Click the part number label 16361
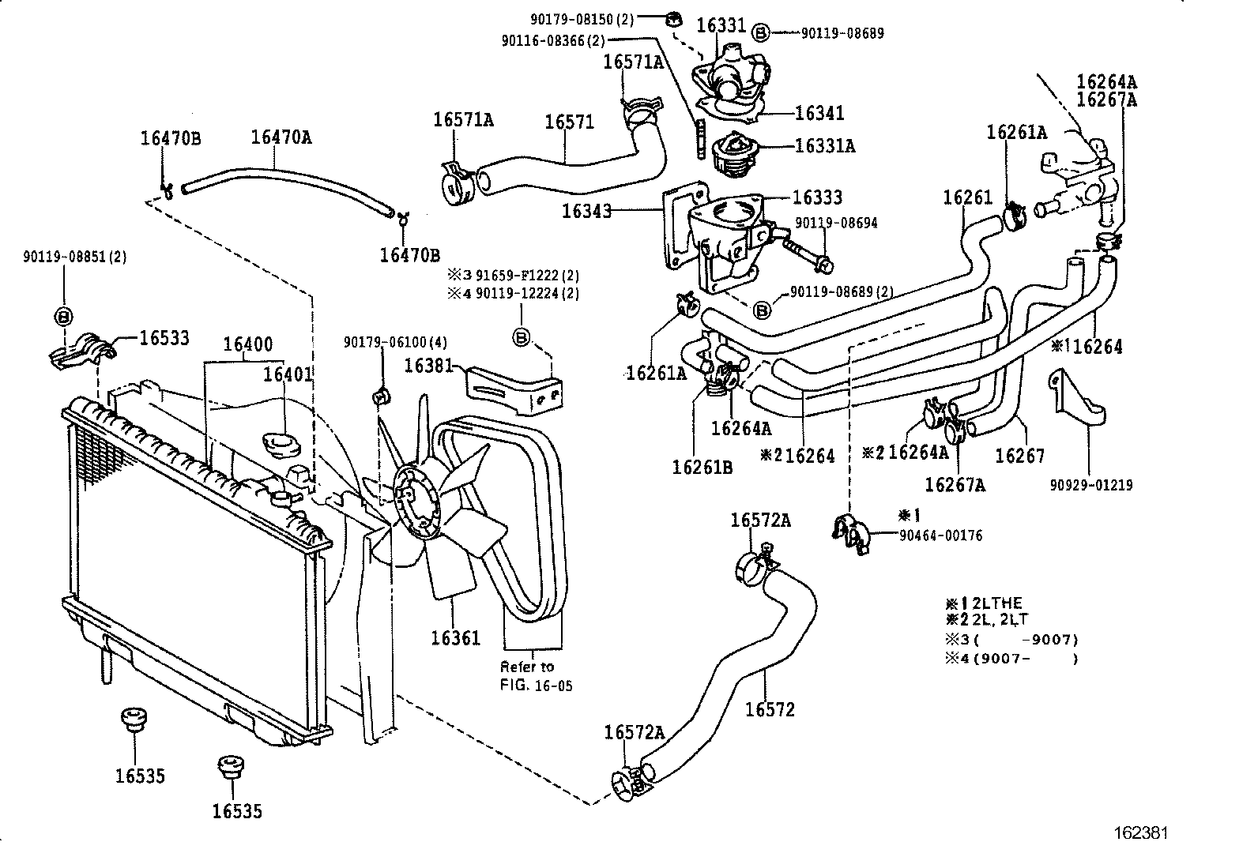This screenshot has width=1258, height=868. pos(456,637)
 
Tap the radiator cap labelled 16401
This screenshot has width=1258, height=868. pos(281,445)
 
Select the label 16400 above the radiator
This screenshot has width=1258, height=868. pos(247,344)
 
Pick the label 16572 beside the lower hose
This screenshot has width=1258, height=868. pos(770,709)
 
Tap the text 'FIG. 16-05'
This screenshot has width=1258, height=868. pos(536,685)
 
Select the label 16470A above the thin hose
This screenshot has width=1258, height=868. pos(281,137)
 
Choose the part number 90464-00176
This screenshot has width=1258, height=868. pos(941,535)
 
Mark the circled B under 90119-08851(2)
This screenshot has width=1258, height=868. pos(63,316)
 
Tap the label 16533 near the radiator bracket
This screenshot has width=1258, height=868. pos(164,338)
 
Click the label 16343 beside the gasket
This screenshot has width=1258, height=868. pos(587,211)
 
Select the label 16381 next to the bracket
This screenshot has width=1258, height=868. pos(429,366)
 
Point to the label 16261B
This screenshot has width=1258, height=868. pos(702,467)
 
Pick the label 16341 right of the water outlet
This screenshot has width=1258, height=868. pos(819,113)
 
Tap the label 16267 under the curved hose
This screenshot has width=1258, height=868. pos(1019,455)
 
